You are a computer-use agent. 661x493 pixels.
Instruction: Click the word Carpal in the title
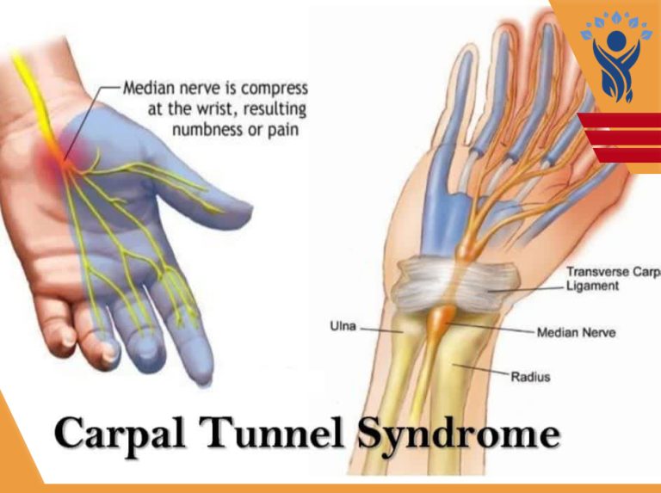120,434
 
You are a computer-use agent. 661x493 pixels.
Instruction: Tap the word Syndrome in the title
460,434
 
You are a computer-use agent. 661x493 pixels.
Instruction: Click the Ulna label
343,326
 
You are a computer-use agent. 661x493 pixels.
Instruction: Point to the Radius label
530,376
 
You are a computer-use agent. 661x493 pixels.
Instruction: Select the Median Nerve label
576,332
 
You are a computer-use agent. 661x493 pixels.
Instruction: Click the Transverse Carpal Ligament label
614,279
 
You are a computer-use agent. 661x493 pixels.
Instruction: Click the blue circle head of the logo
616,40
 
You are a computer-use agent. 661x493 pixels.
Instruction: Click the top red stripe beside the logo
620,120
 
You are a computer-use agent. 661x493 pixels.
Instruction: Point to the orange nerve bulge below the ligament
441,319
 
